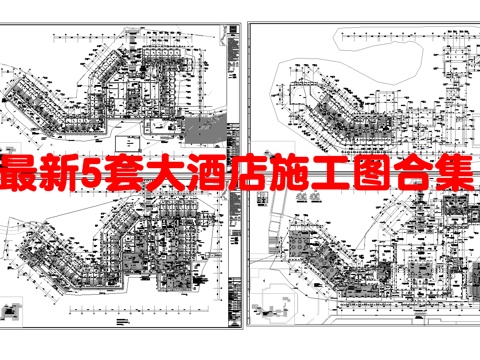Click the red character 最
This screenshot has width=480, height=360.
(x=24, y=176)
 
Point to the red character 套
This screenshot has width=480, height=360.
(x=131, y=176)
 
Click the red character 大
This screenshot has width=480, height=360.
(x=171, y=176)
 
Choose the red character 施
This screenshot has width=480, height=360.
(x=297, y=176)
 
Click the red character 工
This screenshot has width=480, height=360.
(x=338, y=176)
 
